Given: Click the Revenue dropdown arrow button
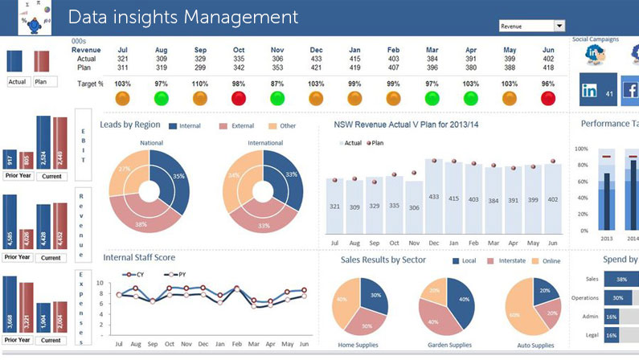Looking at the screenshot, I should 559,27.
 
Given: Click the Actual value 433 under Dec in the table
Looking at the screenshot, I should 316,59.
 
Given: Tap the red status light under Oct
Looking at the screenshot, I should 239,98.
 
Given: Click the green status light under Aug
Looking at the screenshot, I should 162,98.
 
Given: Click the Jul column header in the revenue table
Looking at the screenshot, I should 123,49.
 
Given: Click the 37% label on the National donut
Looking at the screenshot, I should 125,169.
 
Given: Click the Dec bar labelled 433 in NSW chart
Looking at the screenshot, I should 433,197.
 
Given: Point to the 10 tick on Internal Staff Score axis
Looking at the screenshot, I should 100,283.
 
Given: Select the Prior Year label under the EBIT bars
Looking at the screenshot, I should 18,175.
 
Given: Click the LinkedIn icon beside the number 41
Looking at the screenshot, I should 589,92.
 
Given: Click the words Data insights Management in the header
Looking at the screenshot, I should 182,17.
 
